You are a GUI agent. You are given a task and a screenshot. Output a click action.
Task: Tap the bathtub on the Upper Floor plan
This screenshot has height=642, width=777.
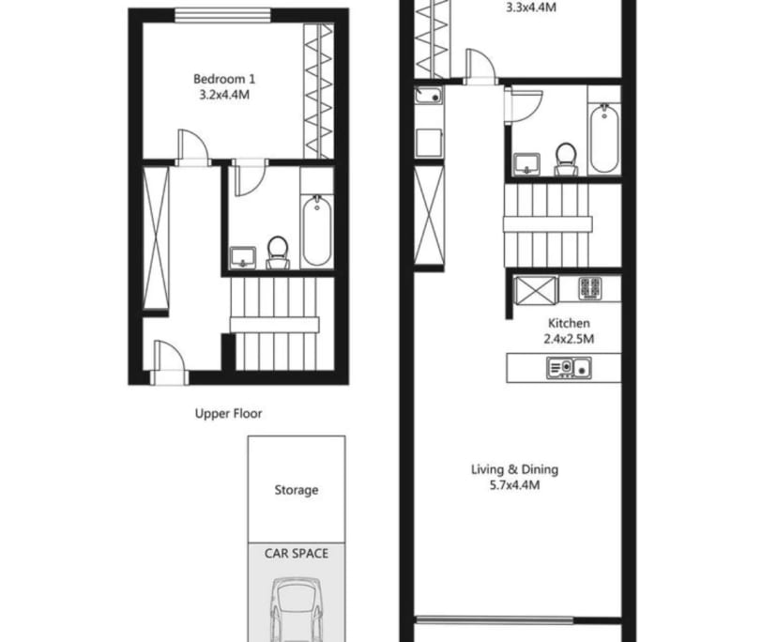point(316,231)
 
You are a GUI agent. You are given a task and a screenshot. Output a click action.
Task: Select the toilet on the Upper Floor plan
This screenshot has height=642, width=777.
point(277,252)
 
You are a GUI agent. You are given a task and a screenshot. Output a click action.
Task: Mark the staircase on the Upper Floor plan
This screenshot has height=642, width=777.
point(277,324)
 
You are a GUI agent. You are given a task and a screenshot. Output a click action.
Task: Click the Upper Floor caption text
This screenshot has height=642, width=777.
point(228,413)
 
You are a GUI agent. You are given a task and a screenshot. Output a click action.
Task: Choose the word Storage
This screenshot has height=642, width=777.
point(296,490)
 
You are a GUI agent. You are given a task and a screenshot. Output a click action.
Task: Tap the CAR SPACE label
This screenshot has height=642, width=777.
point(296,554)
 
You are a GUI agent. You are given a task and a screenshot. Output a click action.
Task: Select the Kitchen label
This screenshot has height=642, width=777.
point(570,323)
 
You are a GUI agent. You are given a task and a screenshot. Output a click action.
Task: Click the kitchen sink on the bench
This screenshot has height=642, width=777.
point(569,368)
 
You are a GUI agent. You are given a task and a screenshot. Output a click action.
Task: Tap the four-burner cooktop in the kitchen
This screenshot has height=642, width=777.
point(589,288)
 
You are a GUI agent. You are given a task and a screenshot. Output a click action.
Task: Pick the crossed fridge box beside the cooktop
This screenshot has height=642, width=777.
point(537,289)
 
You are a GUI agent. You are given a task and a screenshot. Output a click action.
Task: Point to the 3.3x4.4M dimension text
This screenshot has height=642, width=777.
point(531,8)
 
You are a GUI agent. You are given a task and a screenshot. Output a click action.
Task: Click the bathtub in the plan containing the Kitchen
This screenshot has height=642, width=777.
point(602,137)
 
